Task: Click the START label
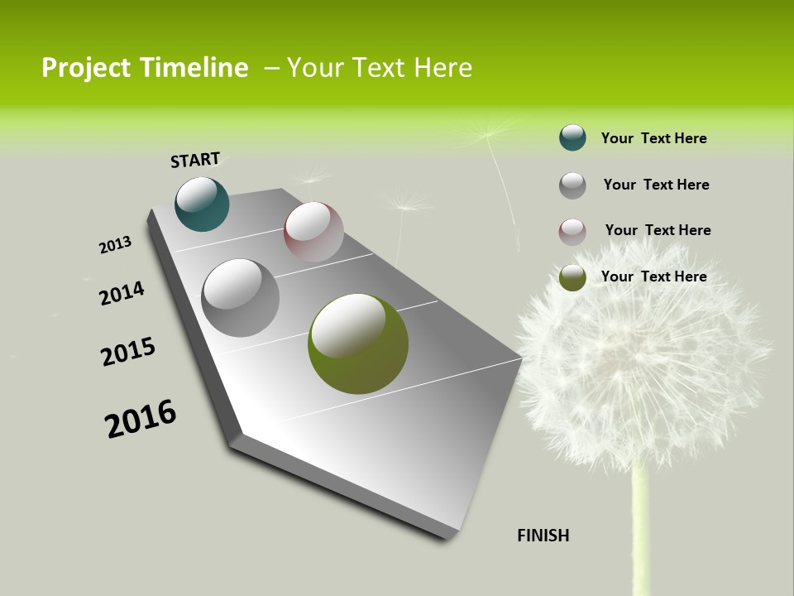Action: click(195, 160)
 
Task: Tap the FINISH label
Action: click(543, 536)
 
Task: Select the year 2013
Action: click(115, 245)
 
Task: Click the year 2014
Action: click(122, 293)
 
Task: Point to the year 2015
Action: click(128, 352)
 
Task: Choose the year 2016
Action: click(141, 419)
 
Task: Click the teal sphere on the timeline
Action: click(202, 204)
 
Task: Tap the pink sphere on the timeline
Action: click(313, 232)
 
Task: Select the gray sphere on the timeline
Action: click(240, 297)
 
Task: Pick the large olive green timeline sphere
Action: click(358, 344)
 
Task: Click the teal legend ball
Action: click(572, 137)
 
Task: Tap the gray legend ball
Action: click(572, 185)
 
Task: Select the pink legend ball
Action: click(572, 231)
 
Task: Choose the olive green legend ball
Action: click(572, 277)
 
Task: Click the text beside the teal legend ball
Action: click(653, 138)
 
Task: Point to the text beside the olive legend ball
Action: click(653, 276)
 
